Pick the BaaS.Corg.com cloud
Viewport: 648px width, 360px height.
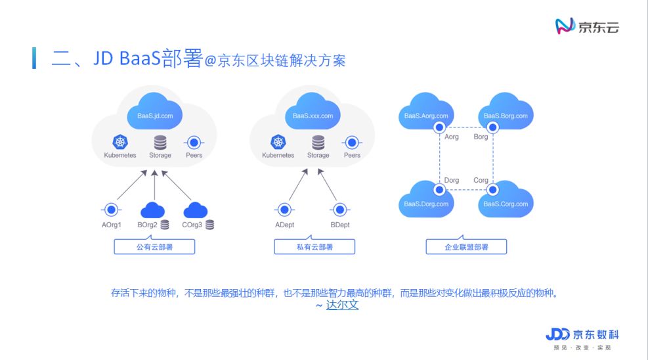pos(506,200)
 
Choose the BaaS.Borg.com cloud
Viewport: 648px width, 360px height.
pos(506,113)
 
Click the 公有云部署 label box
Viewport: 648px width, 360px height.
pos(154,247)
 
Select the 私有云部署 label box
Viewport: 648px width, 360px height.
pos(314,247)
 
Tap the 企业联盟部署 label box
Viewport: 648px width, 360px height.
pos(466,247)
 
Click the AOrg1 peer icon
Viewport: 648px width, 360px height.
pos(112,210)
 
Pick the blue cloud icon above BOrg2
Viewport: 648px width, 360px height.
pos(152,210)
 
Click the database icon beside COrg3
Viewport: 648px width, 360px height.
pos(209,225)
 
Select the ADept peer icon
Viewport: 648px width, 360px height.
pos(284,210)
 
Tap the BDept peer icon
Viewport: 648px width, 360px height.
pos(340,210)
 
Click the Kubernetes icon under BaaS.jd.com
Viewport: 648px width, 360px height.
pos(120,142)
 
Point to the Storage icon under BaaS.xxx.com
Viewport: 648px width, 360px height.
pos(318,142)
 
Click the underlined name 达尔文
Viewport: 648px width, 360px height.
pos(342,305)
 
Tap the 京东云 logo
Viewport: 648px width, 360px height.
pos(587,26)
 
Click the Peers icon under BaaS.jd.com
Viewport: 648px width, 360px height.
pos(194,142)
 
